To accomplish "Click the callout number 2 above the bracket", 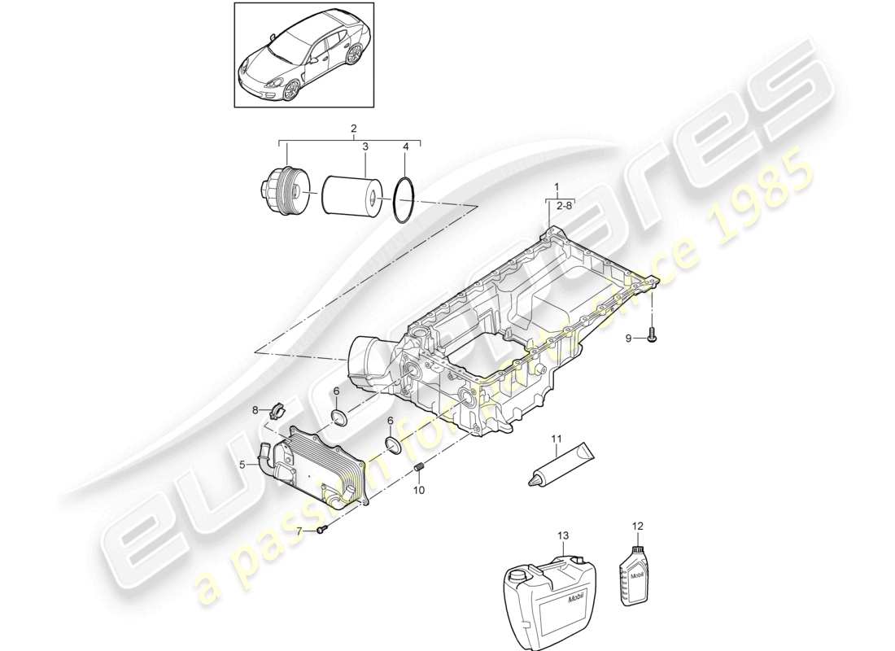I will [x=353, y=129].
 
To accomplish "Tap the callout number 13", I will [x=562, y=535].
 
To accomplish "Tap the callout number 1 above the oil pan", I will [x=557, y=186].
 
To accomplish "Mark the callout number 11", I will [x=556, y=440].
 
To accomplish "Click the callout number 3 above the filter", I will [x=365, y=146].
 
